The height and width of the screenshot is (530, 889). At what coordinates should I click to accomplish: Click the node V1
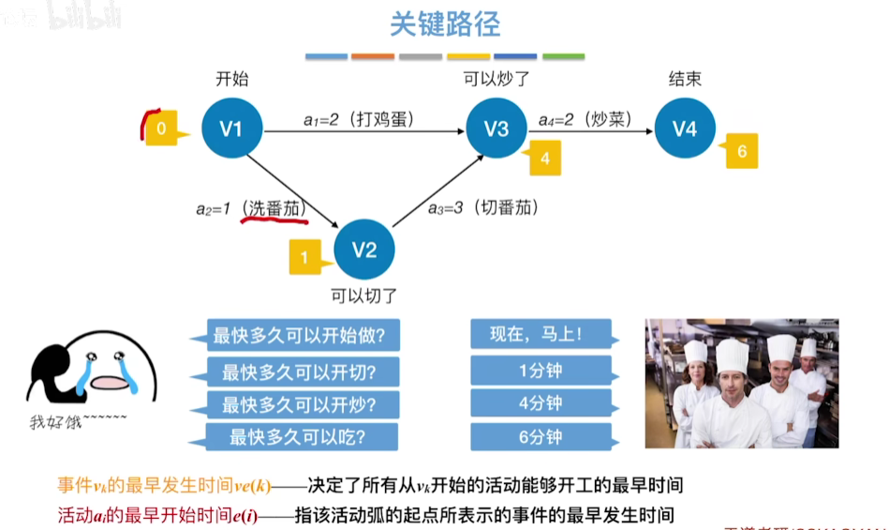(231, 128)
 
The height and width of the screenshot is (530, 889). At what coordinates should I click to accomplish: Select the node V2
(364, 250)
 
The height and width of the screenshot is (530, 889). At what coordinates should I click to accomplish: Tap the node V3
(496, 128)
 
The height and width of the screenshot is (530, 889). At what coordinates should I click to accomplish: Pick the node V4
(685, 128)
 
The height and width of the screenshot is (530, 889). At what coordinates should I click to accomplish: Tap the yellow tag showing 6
(741, 151)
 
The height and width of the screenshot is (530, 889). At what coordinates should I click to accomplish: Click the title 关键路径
(445, 24)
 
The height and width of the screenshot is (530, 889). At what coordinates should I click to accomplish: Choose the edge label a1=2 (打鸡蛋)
(359, 119)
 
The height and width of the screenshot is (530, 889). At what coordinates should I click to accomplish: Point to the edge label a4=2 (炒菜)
(585, 119)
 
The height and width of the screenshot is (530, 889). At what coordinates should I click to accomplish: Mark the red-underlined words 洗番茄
(274, 208)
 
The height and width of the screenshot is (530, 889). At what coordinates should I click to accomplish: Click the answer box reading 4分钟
(541, 404)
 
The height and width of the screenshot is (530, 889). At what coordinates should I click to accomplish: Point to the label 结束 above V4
(685, 79)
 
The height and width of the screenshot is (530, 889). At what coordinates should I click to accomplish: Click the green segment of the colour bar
(563, 57)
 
